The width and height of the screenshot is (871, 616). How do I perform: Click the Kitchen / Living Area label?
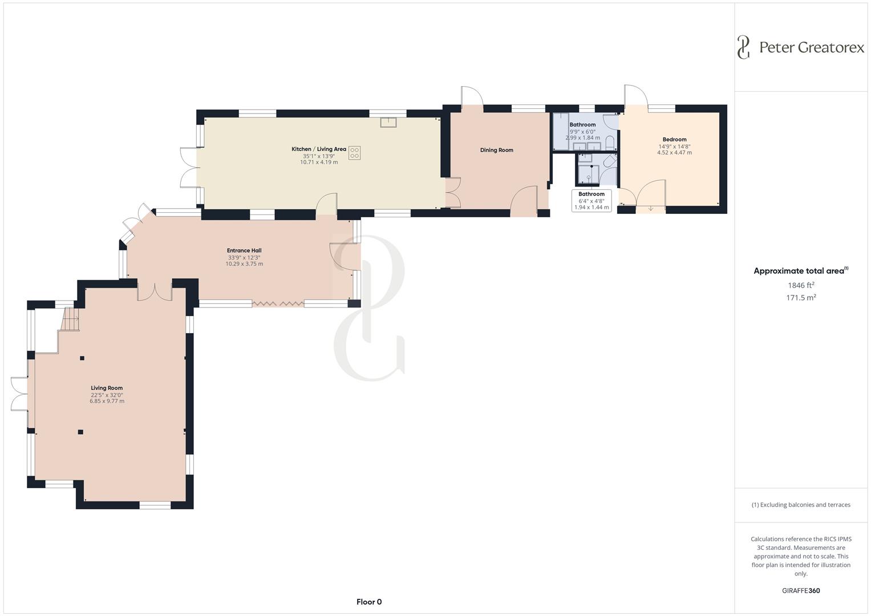319,149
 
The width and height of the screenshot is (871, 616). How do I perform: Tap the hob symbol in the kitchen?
354,153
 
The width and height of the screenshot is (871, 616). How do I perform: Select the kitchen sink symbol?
388,121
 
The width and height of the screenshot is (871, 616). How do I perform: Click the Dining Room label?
496,150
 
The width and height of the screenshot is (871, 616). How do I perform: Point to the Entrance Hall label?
244,250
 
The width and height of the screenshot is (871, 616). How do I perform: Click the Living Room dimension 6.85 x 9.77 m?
107,401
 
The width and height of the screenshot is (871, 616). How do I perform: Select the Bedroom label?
674,139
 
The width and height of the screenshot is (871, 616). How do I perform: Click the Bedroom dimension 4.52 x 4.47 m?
674,152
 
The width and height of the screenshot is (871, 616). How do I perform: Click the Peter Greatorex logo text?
811,47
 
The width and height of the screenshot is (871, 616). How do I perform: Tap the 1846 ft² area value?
801,285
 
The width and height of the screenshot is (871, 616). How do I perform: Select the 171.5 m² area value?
801,297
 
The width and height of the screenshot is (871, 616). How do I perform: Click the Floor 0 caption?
369,602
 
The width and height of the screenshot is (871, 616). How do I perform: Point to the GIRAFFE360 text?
800,590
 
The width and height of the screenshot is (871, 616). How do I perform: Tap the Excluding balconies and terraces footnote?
801,505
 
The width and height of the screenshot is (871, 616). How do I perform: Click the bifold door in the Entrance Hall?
278,303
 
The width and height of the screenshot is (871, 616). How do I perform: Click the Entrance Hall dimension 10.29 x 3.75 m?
244,264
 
